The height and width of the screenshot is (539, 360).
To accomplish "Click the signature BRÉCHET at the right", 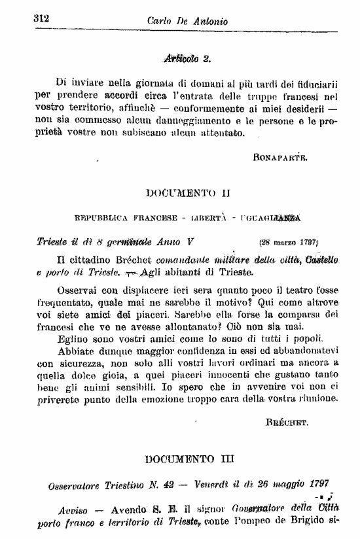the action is [x=287, y=423].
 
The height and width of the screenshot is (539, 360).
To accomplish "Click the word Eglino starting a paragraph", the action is [x=73, y=338].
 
